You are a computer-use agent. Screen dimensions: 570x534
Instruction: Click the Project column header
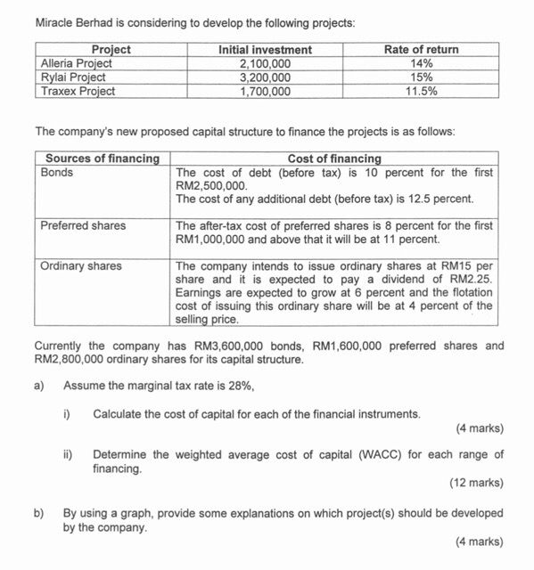(111, 50)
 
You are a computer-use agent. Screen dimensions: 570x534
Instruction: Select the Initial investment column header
(265, 50)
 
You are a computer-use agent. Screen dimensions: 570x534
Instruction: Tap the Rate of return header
(420, 50)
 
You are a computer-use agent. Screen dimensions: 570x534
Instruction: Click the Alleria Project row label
(77, 63)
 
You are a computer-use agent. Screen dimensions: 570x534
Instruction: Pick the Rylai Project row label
(73, 77)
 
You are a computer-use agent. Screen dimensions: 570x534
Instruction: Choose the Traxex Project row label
(78, 90)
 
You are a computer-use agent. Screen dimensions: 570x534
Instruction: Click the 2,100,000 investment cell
(265, 63)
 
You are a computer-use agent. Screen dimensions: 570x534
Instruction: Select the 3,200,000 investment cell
(265, 77)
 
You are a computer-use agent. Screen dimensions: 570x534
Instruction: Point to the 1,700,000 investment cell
(265, 90)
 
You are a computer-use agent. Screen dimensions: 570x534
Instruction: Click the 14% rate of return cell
(420, 63)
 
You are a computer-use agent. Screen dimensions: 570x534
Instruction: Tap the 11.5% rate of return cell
(420, 90)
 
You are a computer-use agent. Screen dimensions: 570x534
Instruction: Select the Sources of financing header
(103, 159)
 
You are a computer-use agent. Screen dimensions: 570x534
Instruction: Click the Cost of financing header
(333, 159)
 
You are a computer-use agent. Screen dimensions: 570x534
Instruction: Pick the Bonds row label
(57, 172)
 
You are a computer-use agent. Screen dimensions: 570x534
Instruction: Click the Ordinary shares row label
(81, 265)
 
